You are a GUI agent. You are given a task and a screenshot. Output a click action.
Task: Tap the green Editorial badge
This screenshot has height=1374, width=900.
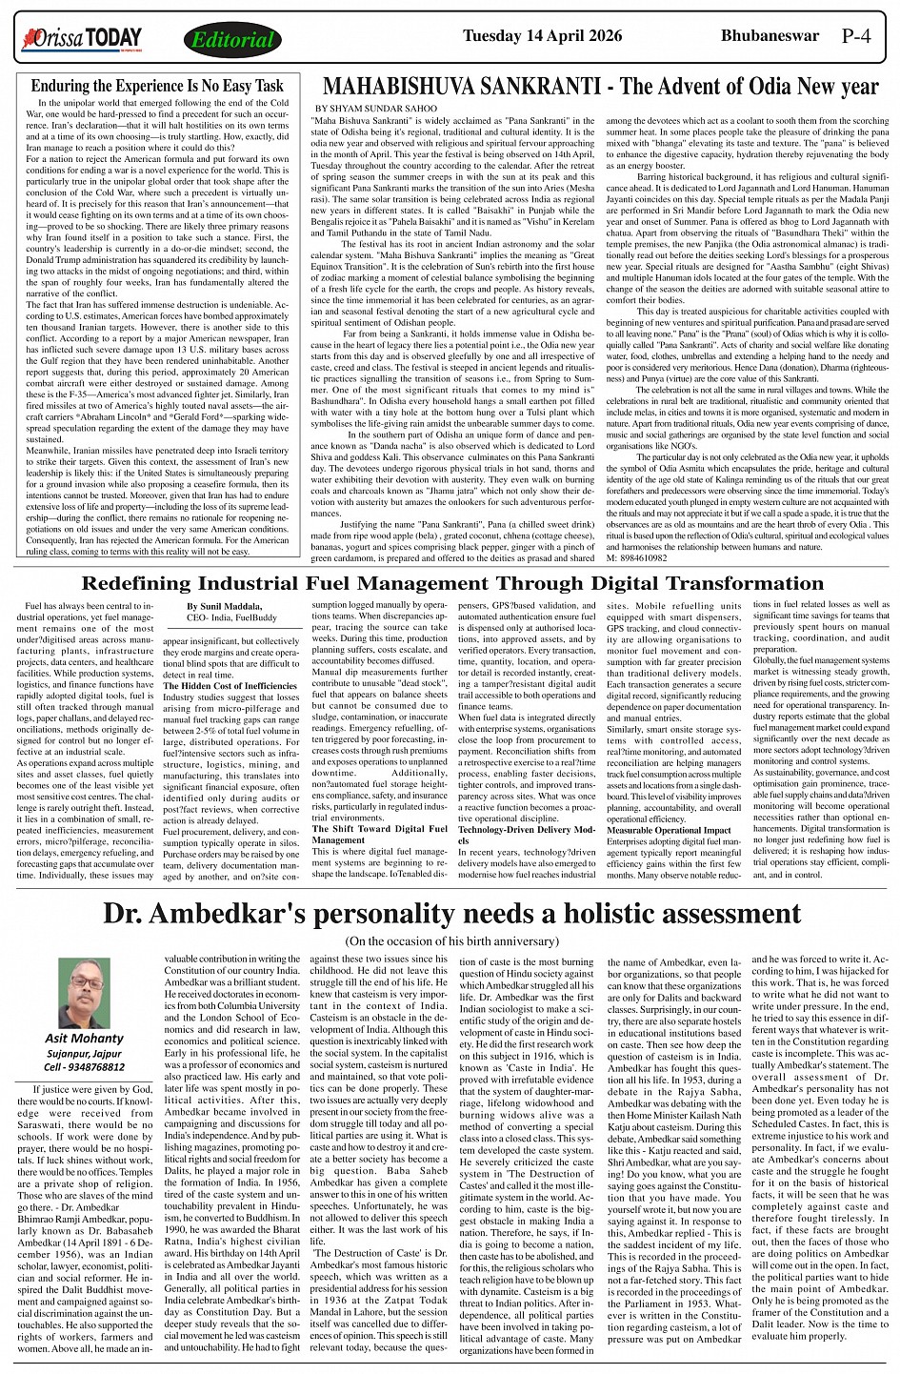point(231,40)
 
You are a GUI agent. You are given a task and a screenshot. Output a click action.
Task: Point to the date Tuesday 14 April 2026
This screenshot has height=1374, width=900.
point(542,37)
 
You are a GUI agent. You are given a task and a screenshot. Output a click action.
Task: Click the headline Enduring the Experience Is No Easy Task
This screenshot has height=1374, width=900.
point(157,87)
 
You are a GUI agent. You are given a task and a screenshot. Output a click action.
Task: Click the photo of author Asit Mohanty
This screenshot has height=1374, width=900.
point(85,993)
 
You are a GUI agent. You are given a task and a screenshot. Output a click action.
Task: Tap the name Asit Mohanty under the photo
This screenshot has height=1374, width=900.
point(85,1039)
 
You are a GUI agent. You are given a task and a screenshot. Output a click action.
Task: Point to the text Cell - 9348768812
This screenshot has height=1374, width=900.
point(85,1067)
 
